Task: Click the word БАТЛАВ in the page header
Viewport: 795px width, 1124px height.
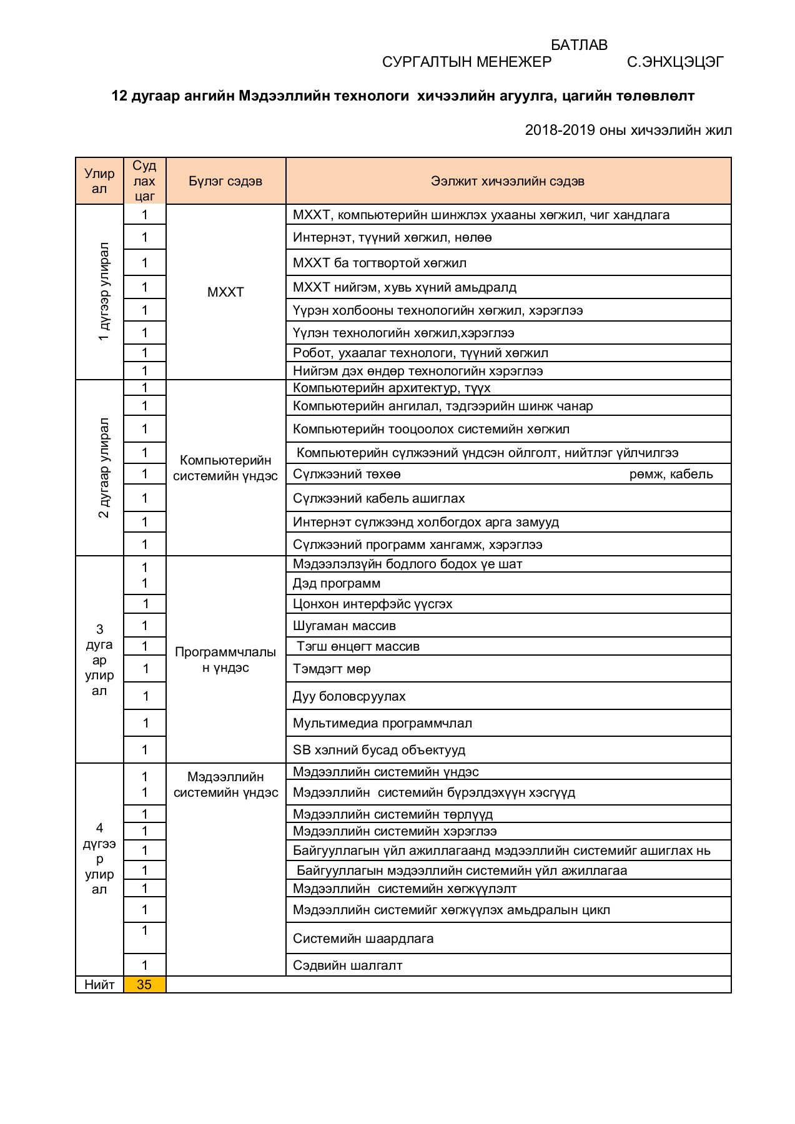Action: pyautogui.click(x=578, y=45)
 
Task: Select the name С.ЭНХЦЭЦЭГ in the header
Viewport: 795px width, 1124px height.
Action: pyautogui.click(x=675, y=62)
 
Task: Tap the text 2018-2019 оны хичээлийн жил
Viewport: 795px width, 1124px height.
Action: pyautogui.click(x=628, y=130)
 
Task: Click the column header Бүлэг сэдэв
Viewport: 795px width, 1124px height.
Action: pyautogui.click(x=225, y=181)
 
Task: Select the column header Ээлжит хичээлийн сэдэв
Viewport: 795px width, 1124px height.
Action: pyautogui.click(x=507, y=181)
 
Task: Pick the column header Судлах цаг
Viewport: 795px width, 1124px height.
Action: pyautogui.click(x=144, y=181)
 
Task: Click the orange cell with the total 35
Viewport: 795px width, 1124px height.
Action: pyautogui.click(x=144, y=985)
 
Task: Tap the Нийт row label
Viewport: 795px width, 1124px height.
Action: pyautogui.click(x=99, y=985)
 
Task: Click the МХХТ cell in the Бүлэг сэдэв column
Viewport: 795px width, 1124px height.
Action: pyautogui.click(x=225, y=292)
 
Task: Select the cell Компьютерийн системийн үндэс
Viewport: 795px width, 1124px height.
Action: pyautogui.click(x=225, y=468)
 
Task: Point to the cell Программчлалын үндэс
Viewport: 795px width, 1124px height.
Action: pyautogui.click(x=225, y=659)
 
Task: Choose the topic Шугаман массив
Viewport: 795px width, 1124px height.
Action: pyautogui.click(x=344, y=626)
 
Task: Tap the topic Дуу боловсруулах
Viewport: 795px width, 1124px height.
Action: pyautogui.click(x=349, y=696)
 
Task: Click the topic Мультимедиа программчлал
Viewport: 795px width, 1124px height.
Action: pyautogui.click(x=382, y=723)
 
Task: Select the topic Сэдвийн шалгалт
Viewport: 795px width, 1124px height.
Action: pyautogui.click(x=347, y=965)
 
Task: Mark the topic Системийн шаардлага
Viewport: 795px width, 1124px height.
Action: pyautogui.click(x=363, y=939)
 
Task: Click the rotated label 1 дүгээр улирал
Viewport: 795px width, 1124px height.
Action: pyautogui.click(x=104, y=292)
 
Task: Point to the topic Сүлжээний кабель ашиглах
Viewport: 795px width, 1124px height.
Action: pyautogui.click(x=378, y=498)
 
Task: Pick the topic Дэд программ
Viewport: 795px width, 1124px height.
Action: pyautogui.click(x=336, y=583)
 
